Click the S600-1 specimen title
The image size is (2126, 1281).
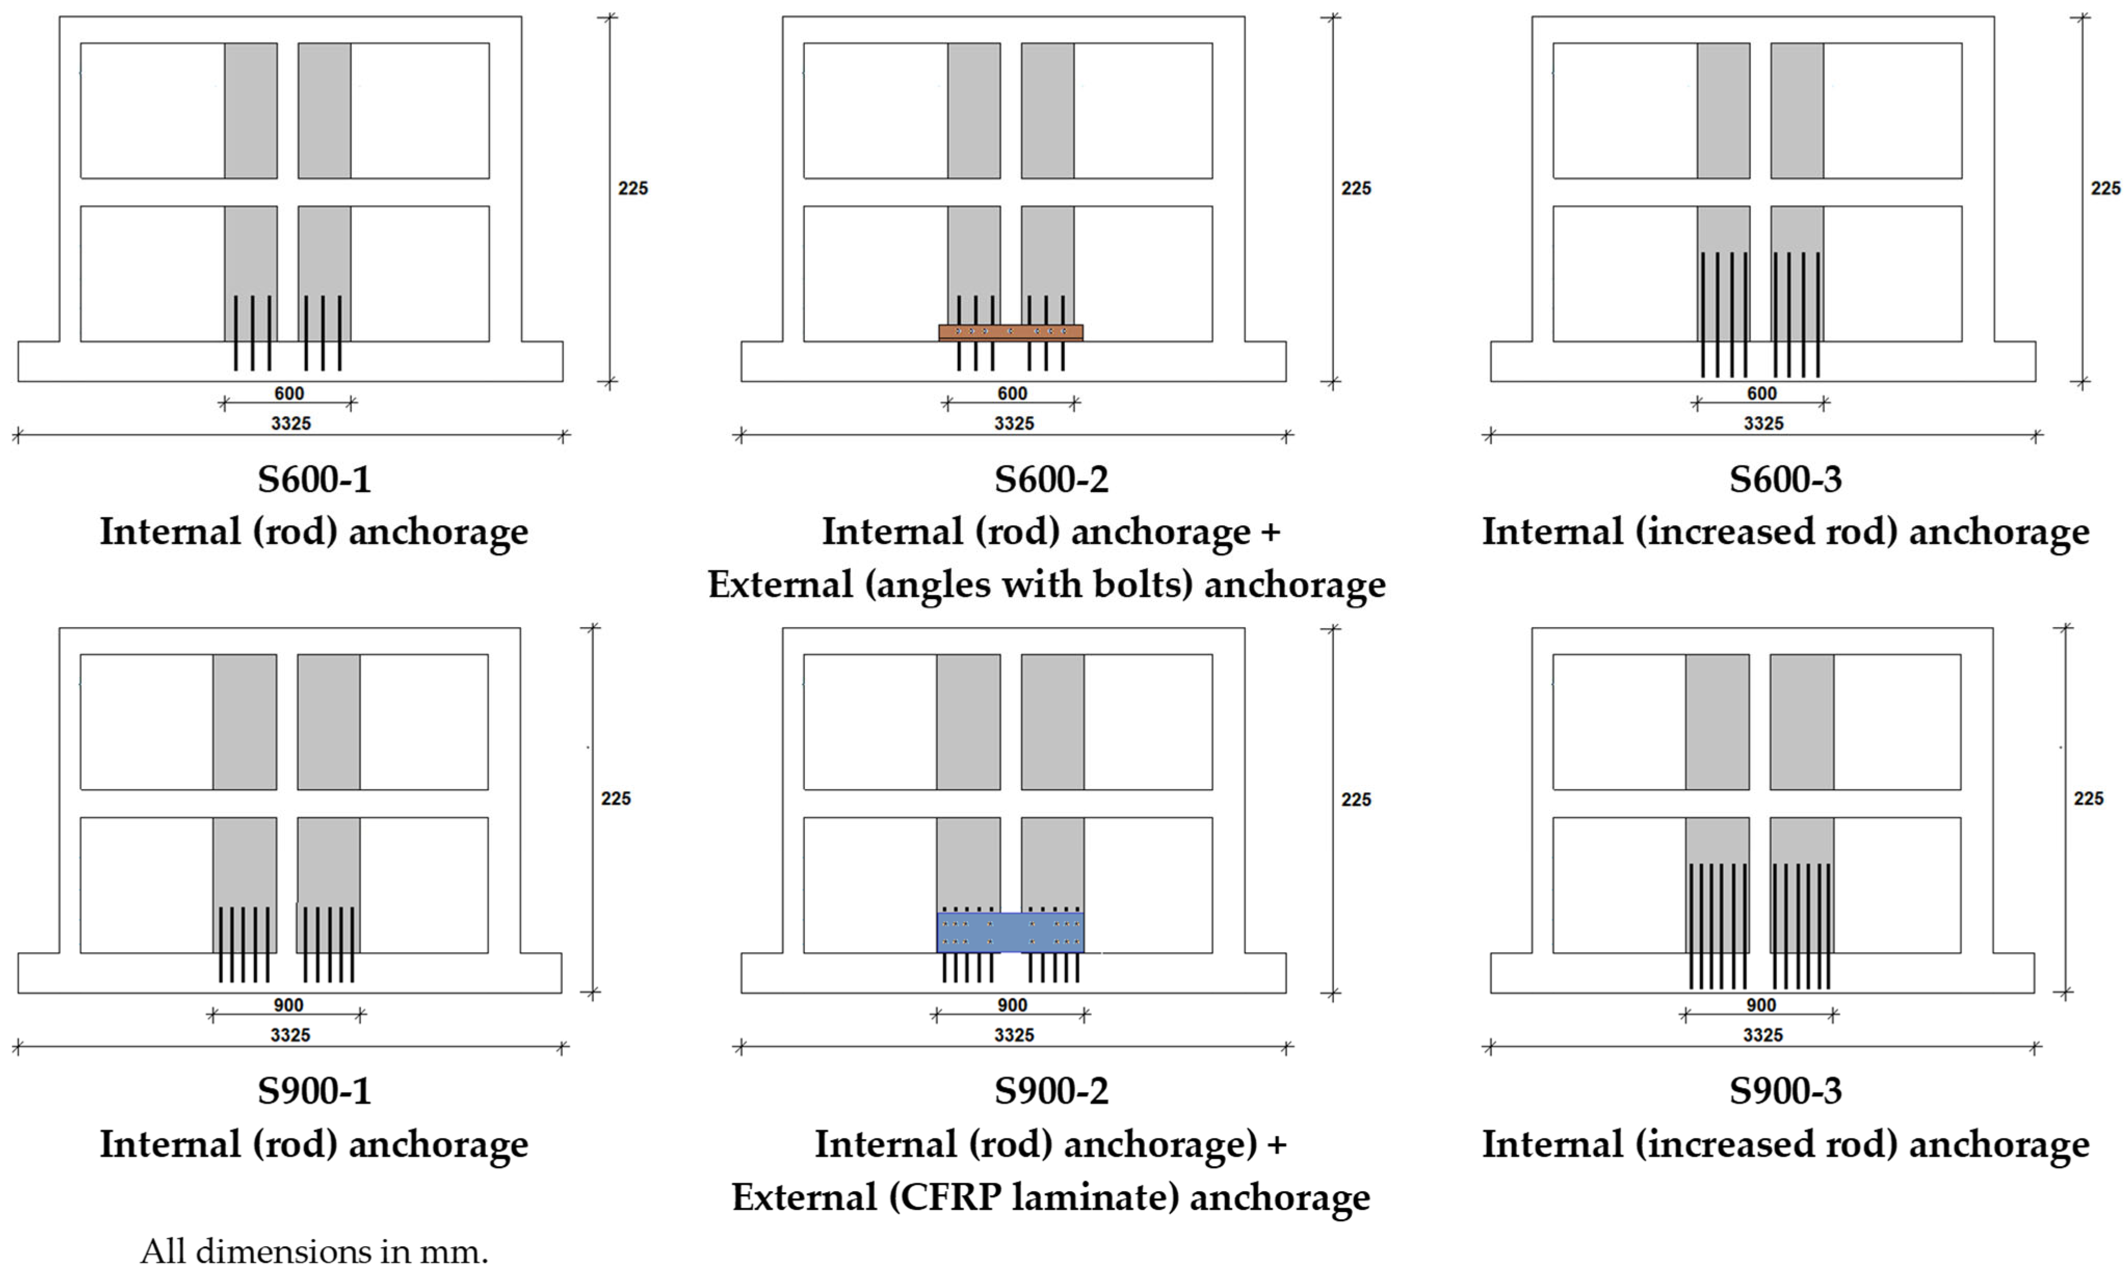pos(314,479)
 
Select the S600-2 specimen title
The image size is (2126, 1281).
pos(1051,479)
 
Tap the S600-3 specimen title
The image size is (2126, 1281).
pos(1785,479)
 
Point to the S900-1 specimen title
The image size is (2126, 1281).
pos(314,1091)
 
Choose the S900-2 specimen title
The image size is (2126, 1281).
pos(1051,1091)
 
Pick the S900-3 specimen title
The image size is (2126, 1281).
pos(1785,1091)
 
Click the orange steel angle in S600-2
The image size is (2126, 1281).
pos(1010,332)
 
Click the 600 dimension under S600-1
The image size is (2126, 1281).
pos(289,393)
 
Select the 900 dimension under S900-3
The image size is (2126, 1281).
pos(1761,1005)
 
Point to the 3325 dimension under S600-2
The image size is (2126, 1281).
pos(1014,423)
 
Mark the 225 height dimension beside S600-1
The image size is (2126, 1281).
pos(632,188)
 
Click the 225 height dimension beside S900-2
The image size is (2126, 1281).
pos(1355,799)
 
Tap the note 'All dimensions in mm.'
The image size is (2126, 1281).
pos(314,1252)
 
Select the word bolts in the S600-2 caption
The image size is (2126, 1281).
pos(1142,585)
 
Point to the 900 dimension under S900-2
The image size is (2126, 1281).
pos(1012,1005)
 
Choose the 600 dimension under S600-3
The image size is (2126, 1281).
pos(1762,393)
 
